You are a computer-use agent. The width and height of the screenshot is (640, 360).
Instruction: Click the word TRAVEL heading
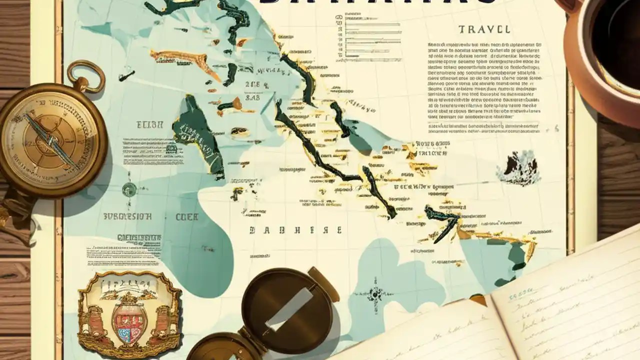tap(483, 29)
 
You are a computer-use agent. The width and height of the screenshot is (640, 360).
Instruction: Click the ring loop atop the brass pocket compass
tap(86, 75)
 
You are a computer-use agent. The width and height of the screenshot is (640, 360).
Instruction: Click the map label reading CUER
tap(187, 217)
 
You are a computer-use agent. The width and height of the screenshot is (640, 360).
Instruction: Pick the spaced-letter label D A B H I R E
tap(295, 230)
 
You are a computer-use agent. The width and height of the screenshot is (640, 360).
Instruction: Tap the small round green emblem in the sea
tap(129, 189)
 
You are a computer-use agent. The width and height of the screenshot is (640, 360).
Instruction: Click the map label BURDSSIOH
tap(127, 217)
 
